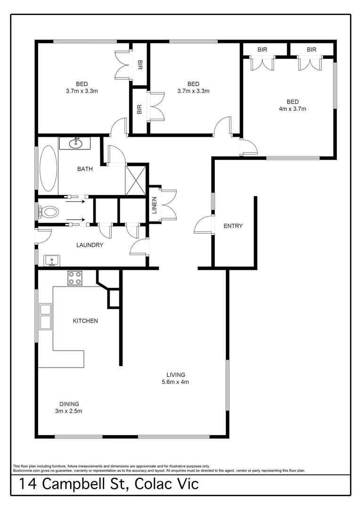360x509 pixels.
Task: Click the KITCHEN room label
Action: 85,321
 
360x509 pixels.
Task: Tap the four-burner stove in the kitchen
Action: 74,278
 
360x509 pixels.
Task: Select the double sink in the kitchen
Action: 46,316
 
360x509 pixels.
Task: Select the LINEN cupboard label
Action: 154,205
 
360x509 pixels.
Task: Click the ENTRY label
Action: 233,226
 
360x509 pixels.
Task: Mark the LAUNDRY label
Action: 90,245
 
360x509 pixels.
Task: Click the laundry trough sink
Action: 51,261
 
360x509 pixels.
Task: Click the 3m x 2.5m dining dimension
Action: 69,411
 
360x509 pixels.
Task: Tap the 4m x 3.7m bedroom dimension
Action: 293,109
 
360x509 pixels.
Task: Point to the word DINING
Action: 69,404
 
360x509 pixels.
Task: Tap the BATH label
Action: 85,169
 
